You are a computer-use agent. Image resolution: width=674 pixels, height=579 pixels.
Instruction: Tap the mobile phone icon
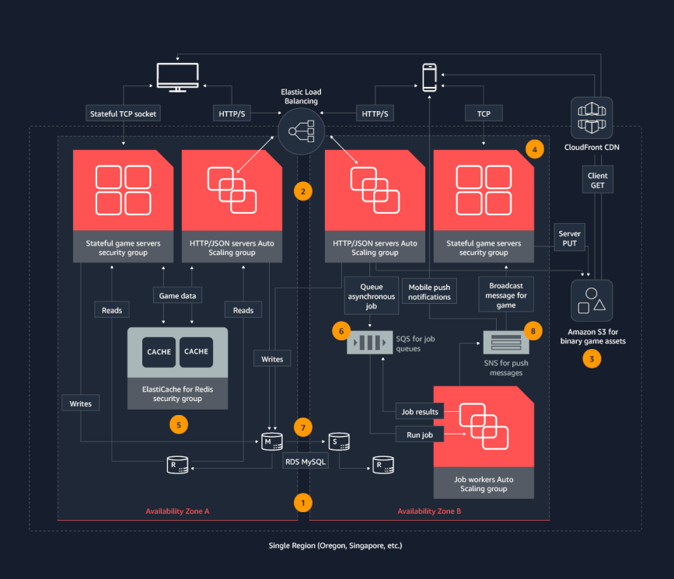click(x=429, y=77)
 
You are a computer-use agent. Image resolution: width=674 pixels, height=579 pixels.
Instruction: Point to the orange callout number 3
click(x=592, y=359)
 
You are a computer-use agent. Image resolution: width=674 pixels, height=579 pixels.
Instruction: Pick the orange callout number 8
click(x=532, y=330)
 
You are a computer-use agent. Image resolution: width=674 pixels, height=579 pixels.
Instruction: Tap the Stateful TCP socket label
click(x=122, y=113)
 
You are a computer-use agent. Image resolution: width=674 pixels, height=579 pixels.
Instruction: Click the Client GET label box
click(x=598, y=181)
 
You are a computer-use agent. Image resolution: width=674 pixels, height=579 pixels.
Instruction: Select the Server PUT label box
click(x=570, y=239)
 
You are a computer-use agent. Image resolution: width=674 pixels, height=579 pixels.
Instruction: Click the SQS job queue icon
click(x=370, y=344)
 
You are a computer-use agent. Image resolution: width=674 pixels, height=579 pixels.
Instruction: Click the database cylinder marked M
click(x=271, y=441)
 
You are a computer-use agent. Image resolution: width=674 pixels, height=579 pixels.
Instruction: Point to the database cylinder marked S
click(x=338, y=441)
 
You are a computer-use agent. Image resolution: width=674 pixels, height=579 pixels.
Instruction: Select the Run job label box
click(x=420, y=434)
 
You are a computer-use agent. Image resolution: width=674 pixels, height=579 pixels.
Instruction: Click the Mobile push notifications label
click(x=429, y=291)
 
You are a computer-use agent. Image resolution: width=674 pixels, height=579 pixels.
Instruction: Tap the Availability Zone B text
click(x=429, y=511)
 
